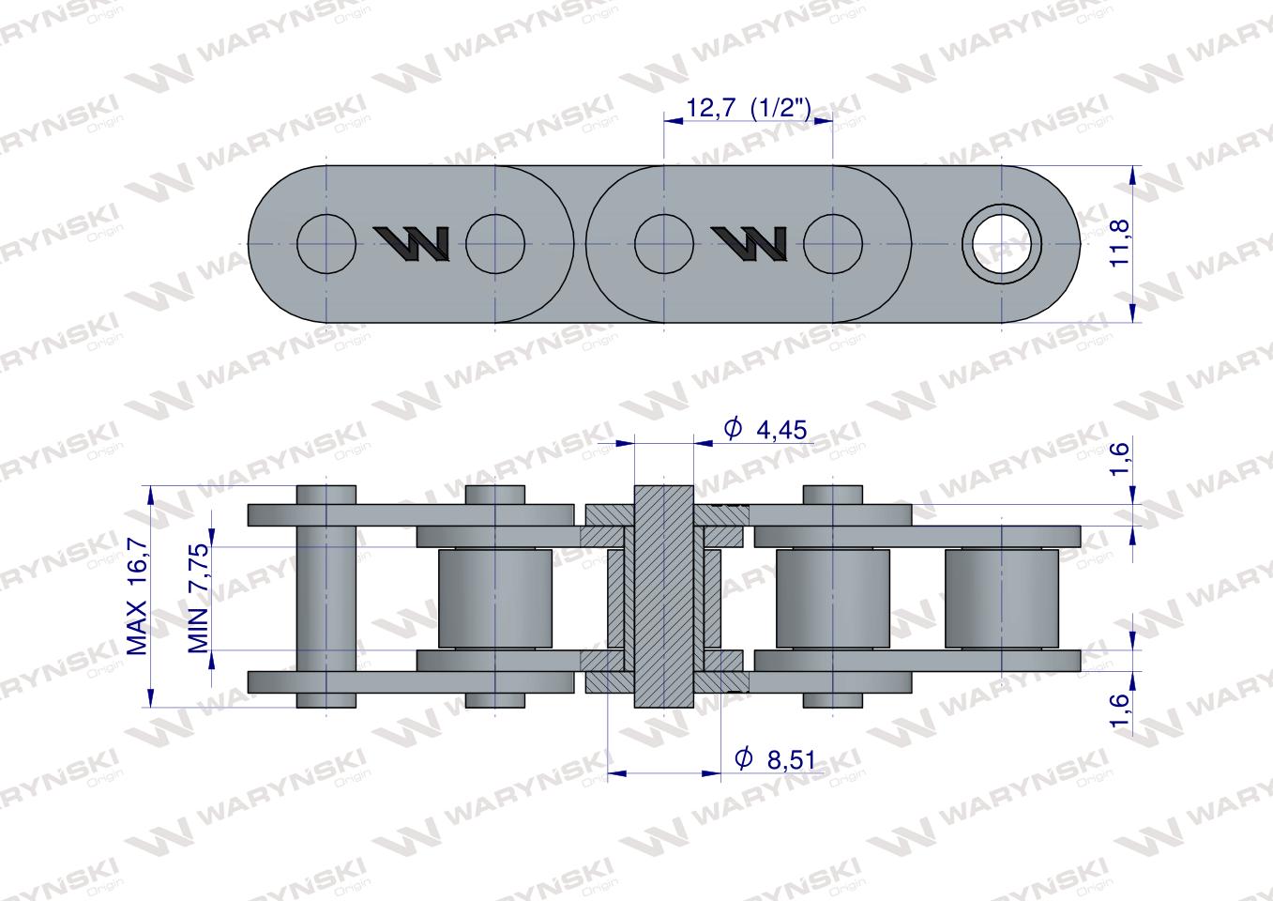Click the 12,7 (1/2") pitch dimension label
click(749, 108)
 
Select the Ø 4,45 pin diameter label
click(765, 429)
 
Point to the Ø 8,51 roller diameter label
click(775, 759)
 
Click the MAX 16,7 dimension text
click(137, 596)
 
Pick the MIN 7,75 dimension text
click(199, 599)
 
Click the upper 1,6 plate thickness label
click(1119, 459)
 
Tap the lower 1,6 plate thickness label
click(1119, 710)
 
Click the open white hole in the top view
click(1001, 244)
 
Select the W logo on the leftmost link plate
click(412, 244)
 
